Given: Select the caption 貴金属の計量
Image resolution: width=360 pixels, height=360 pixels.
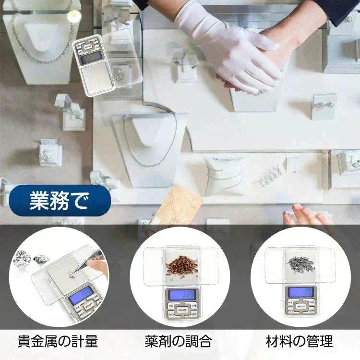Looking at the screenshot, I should click(x=58, y=342).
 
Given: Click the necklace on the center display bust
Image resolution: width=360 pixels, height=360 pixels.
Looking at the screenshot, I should click(x=149, y=144).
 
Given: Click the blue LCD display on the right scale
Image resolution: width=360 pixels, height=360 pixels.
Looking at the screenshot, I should click(x=299, y=291).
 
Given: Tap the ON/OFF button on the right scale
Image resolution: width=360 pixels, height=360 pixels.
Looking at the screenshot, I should click(x=300, y=306).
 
